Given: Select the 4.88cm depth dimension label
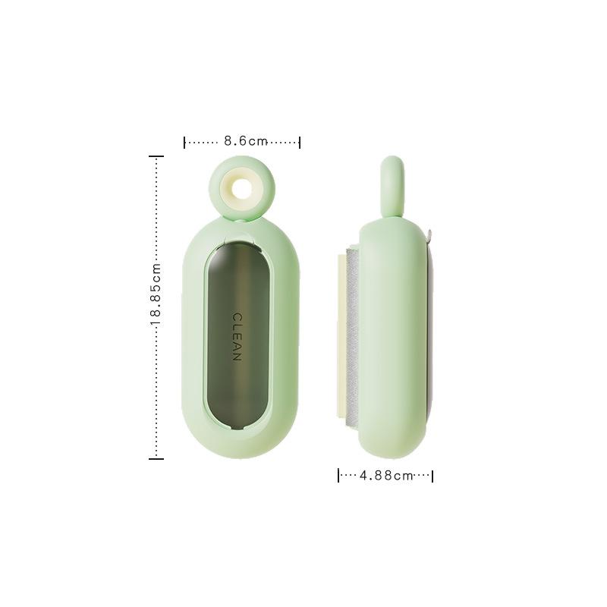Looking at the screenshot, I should click(x=385, y=476).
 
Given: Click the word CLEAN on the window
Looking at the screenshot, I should click(x=236, y=337).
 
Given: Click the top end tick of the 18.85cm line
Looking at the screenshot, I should click(x=156, y=156).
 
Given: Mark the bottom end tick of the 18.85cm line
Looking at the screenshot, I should click(x=156, y=458).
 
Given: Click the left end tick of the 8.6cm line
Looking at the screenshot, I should click(x=185, y=142).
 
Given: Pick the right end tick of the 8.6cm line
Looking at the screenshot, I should click(x=300, y=142).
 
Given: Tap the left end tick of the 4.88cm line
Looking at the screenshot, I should click(x=338, y=476).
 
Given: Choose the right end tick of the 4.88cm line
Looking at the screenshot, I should click(x=432, y=476).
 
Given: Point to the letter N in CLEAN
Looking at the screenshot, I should click(x=236, y=357).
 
